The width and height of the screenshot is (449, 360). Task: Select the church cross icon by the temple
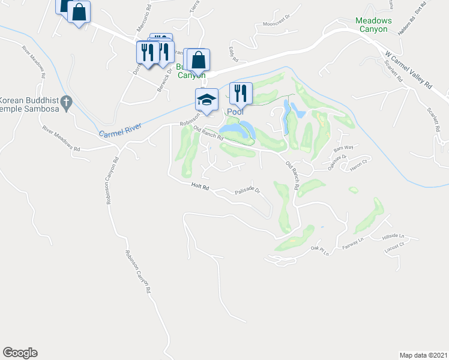67,103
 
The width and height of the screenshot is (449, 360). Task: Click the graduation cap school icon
206,99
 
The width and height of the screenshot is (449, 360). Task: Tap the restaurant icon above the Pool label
240,92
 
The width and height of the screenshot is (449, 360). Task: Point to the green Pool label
235,112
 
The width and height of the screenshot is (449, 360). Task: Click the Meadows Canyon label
373,25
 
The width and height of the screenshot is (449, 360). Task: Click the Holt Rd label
200,187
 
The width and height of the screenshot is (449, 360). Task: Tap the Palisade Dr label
247,191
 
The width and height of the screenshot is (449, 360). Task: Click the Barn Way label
342,147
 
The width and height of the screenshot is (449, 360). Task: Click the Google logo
20,353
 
